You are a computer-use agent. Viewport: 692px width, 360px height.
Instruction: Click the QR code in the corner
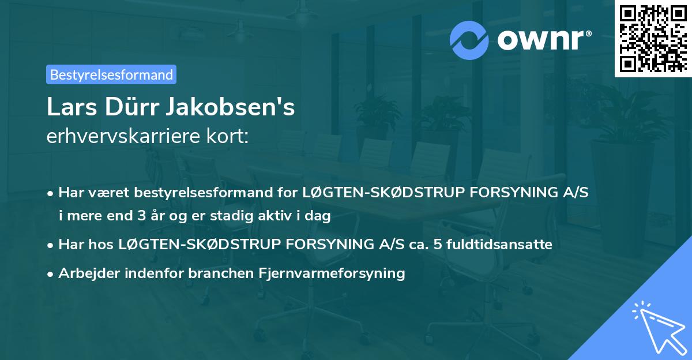(x=653, y=38)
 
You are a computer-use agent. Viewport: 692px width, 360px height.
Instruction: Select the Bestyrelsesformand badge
(x=111, y=74)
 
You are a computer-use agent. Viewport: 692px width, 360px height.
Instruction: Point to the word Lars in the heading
(x=68, y=107)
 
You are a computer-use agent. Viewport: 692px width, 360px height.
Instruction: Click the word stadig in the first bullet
(x=225, y=217)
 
